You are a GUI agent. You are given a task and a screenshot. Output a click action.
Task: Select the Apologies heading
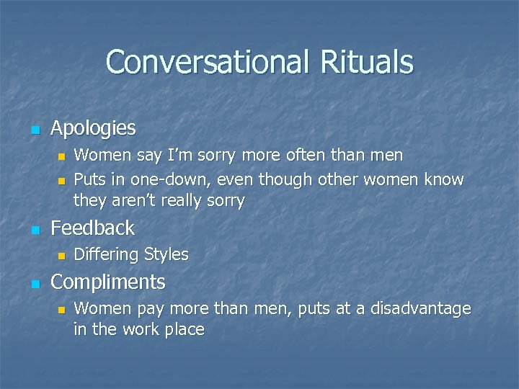point(93,128)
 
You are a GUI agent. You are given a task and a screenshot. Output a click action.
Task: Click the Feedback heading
point(93,228)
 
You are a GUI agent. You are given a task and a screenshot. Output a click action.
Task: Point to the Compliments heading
point(108,282)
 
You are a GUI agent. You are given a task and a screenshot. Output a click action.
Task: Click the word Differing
point(107,255)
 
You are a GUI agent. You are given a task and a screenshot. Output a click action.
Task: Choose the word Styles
point(167,254)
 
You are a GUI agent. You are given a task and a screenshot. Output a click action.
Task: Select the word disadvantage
point(421,309)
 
